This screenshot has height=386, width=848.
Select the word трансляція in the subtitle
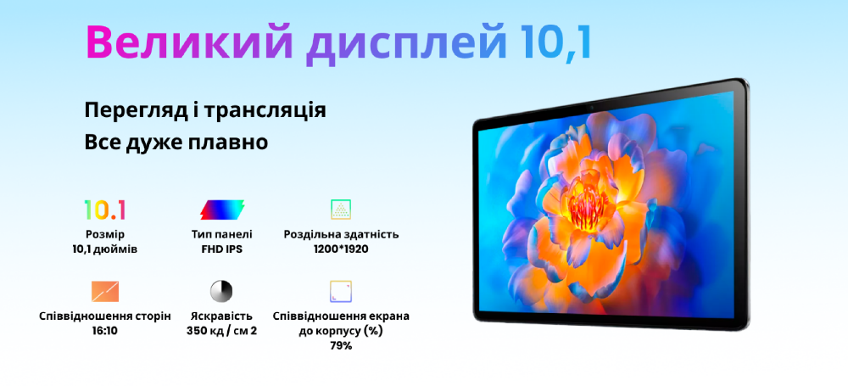(x=264, y=111)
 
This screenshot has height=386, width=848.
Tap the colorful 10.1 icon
(x=105, y=210)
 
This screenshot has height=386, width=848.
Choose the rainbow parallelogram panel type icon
(x=221, y=210)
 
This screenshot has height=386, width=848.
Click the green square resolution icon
(x=341, y=210)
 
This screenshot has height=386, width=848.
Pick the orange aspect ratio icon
(x=105, y=291)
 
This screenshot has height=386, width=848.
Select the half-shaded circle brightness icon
(x=221, y=291)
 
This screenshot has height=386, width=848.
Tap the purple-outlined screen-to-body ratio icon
(x=341, y=291)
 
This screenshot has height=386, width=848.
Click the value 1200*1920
(x=341, y=249)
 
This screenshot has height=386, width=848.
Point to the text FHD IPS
(x=221, y=249)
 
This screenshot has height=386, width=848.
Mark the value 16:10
(x=105, y=330)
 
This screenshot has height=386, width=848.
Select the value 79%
(x=341, y=345)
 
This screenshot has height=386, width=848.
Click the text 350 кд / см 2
(x=221, y=330)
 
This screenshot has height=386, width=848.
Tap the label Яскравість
(x=221, y=316)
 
